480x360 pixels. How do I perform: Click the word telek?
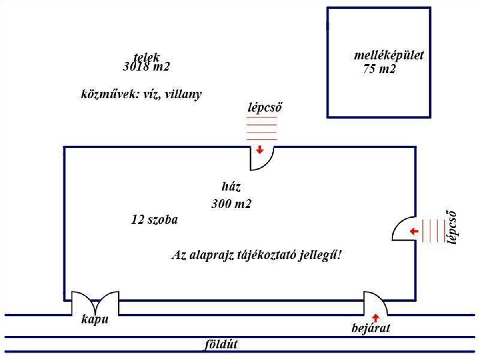point(147,57)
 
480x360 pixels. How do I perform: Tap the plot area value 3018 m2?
point(147,67)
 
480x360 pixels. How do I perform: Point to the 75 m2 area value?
point(380,69)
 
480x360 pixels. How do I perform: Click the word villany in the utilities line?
point(182,95)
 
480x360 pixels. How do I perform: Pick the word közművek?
point(104,95)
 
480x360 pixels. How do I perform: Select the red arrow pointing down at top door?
point(260,150)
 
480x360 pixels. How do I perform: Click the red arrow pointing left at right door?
point(414,231)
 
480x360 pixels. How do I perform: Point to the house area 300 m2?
point(231,204)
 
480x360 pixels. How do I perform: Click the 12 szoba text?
point(154,220)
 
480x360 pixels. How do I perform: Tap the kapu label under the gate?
point(95,320)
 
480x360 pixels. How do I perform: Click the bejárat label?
point(370,329)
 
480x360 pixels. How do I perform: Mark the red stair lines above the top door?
point(262,128)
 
